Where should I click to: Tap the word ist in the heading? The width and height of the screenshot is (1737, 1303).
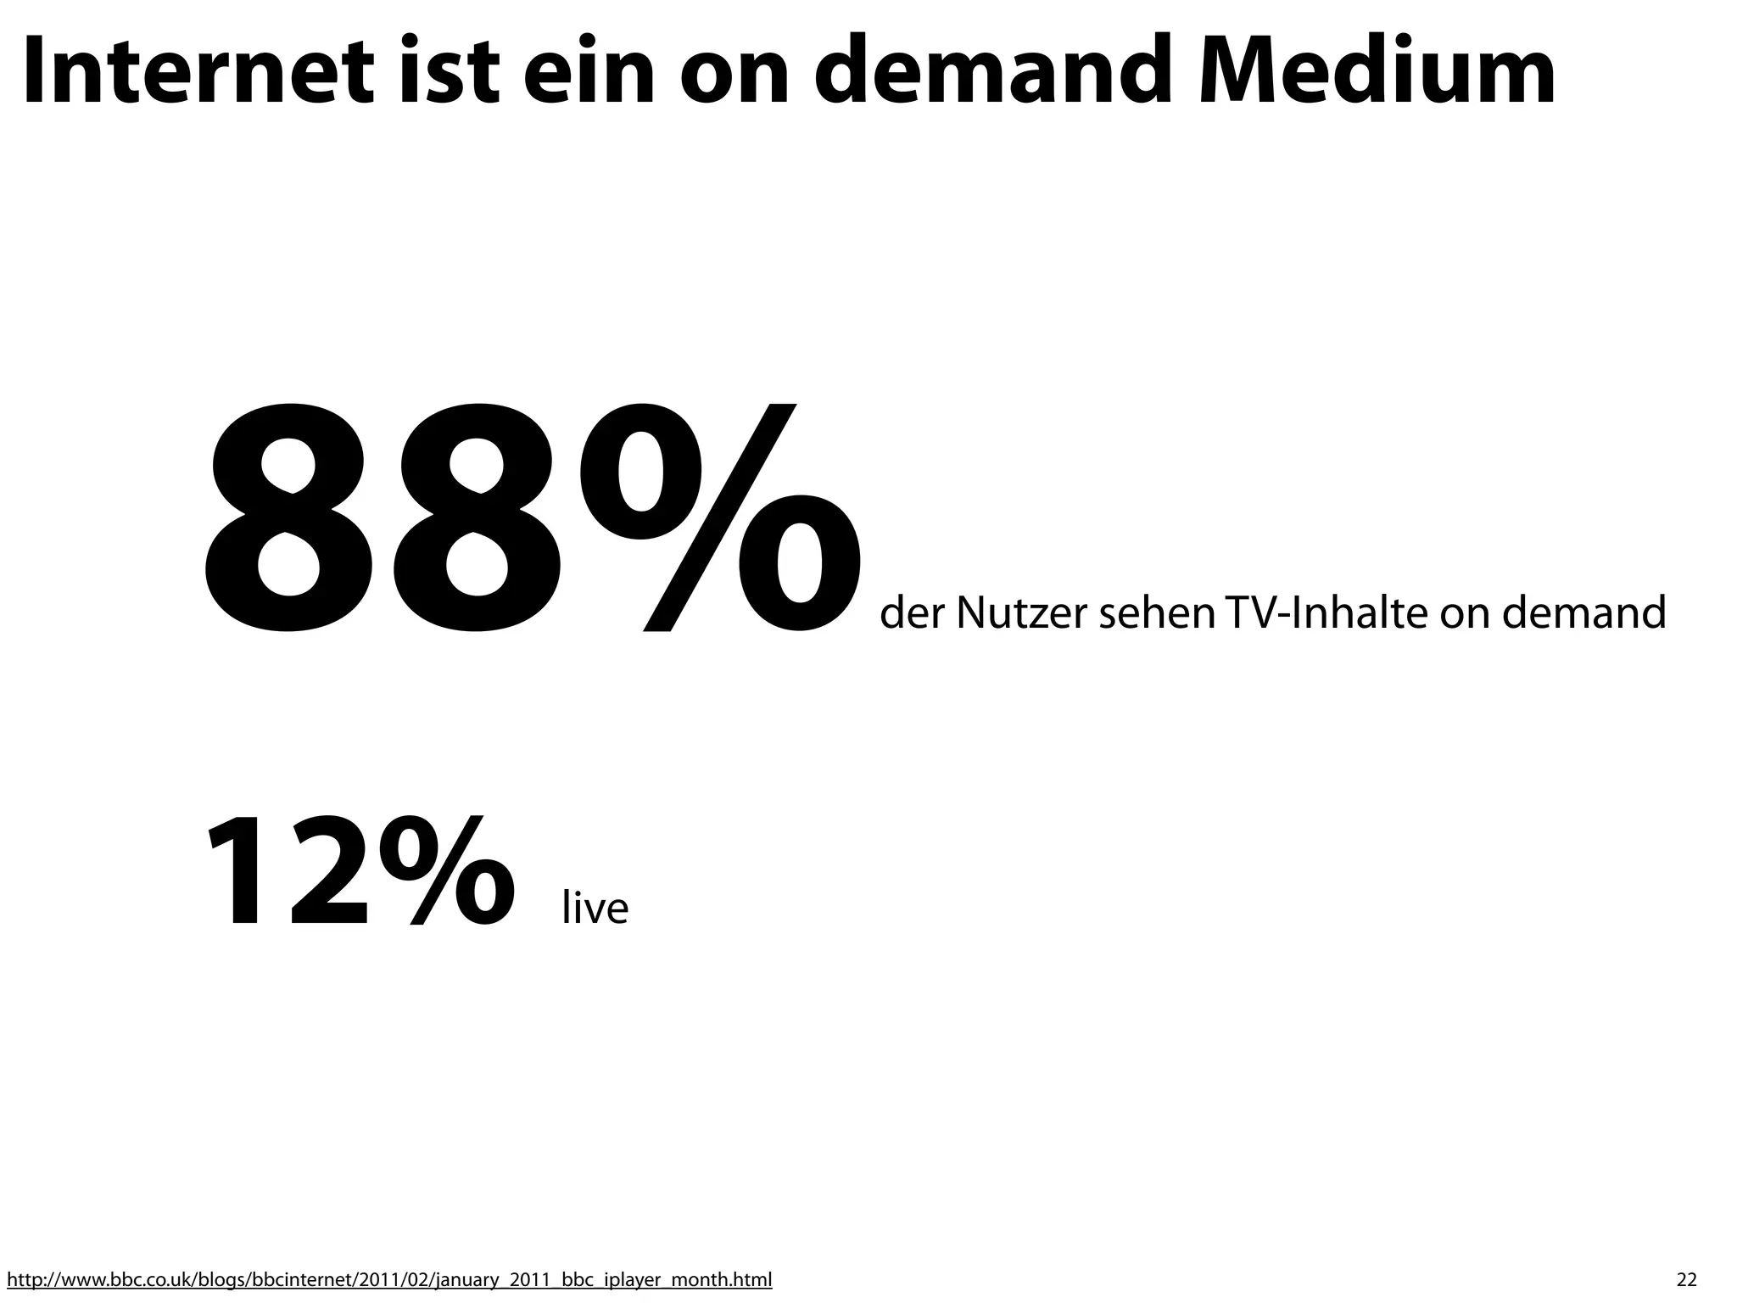click(445, 72)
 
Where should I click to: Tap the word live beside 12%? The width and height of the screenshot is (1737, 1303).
click(595, 908)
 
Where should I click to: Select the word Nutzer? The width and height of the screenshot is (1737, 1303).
click(1020, 612)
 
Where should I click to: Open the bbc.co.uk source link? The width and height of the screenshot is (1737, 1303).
click(389, 1278)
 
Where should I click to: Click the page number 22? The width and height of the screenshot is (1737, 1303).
click(1687, 1279)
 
